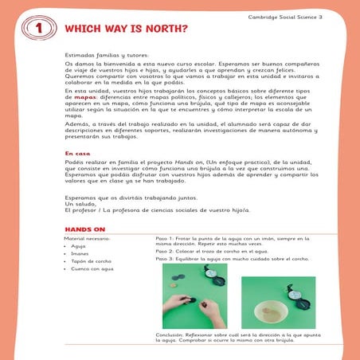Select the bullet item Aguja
pos(80,248)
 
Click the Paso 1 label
pos(164,239)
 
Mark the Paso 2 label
pos(164,251)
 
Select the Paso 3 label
pos(164,260)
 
